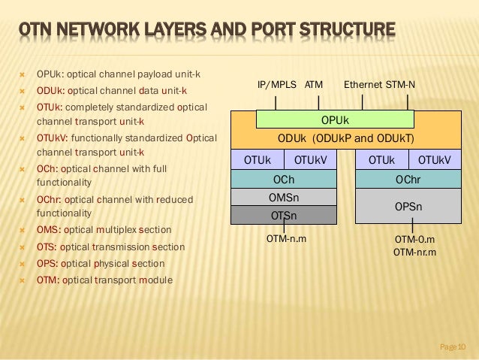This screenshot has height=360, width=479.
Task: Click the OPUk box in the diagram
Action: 334,119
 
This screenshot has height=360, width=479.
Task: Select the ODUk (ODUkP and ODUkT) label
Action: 345,139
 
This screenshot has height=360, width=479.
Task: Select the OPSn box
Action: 408,205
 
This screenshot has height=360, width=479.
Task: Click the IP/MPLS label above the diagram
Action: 277,86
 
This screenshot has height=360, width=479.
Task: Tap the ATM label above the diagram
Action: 314,86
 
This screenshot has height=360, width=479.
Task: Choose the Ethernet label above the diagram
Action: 363,86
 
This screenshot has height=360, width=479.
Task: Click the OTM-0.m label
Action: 414,239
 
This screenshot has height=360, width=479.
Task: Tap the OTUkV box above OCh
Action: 309,159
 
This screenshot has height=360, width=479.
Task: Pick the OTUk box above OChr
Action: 381,159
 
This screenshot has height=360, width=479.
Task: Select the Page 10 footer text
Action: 452,346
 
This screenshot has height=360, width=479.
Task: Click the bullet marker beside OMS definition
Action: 22,230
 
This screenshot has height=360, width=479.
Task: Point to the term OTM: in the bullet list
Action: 48,280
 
